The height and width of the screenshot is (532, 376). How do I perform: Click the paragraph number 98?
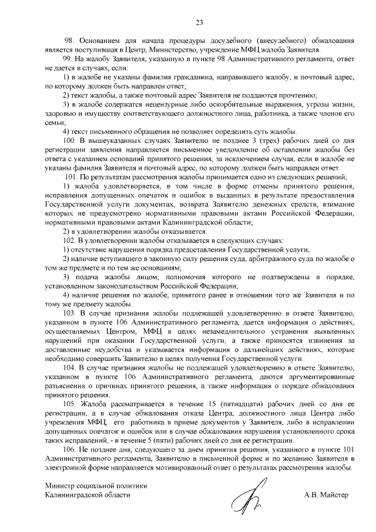tap(68, 41)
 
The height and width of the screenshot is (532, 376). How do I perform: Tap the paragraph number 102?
tap(69, 240)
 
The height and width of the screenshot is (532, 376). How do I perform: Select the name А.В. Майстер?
tap(326, 495)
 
